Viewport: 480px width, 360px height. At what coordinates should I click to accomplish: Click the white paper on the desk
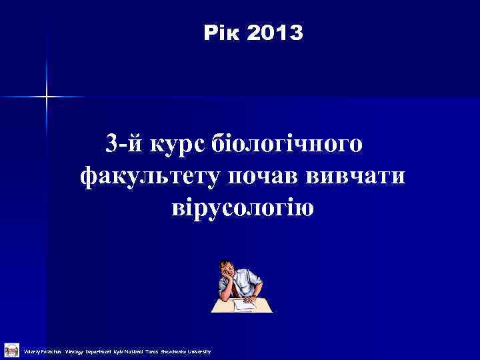[247, 304]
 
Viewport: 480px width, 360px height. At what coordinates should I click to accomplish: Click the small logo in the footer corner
[11, 349]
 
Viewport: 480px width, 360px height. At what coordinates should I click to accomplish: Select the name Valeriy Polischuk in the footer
[42, 351]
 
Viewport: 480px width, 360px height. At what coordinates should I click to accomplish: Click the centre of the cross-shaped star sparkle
[47, 97]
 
